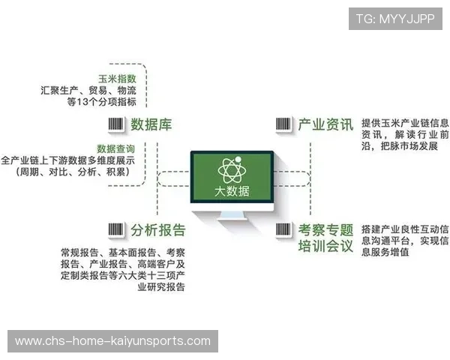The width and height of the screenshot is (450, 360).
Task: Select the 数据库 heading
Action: [151, 124]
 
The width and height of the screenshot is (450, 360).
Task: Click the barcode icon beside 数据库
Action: [115, 124]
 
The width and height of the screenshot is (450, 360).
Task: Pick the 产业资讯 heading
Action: [325, 124]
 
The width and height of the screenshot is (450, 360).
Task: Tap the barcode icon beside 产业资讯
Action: [283, 124]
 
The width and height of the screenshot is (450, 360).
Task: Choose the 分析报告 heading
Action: [157, 229]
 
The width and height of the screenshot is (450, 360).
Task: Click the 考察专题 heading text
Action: [325, 229]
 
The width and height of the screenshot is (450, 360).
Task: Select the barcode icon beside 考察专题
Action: [283, 229]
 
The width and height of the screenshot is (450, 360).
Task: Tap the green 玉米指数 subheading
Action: [118, 79]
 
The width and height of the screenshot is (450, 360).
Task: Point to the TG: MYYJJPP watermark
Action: [394, 19]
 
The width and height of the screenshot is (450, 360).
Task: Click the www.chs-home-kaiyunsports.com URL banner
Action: [113, 341]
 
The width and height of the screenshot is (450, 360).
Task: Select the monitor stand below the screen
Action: [232, 218]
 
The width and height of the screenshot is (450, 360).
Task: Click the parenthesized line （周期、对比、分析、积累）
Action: [73, 172]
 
